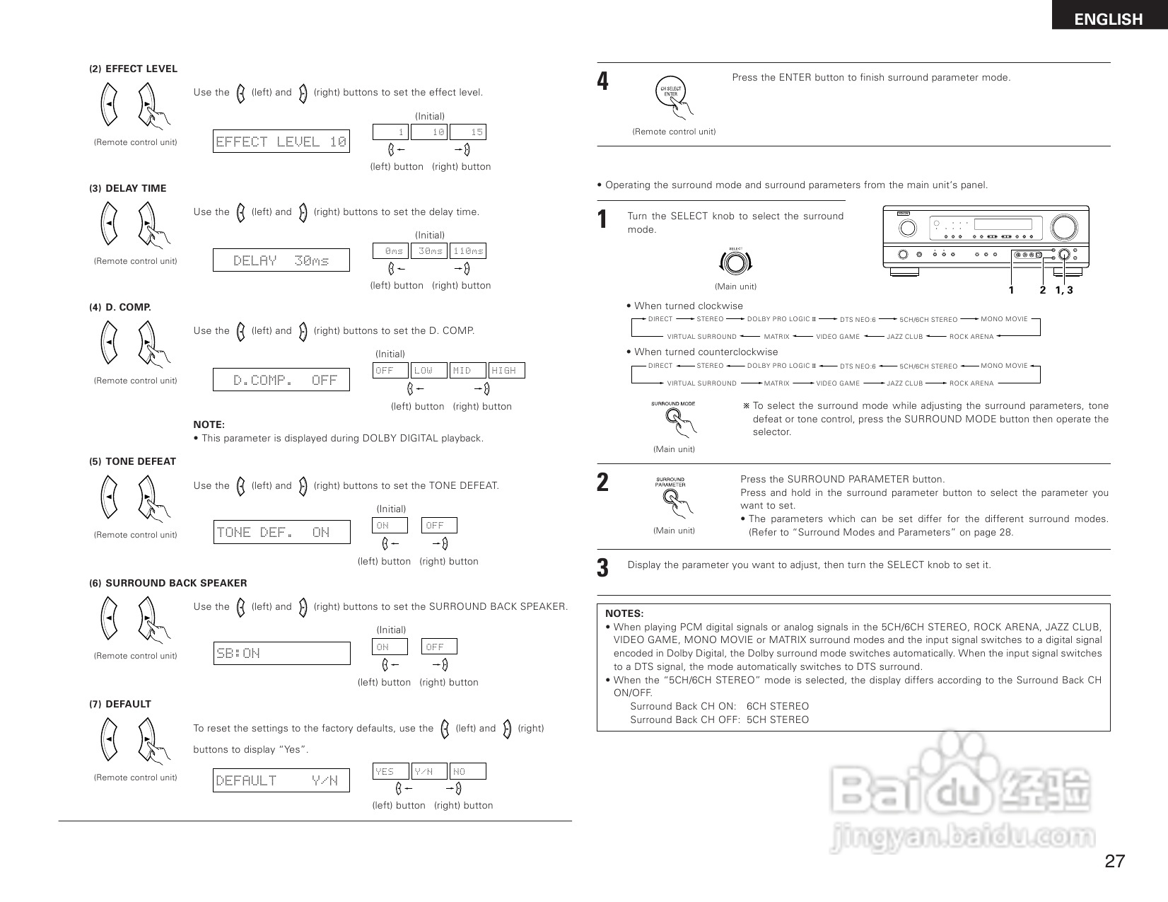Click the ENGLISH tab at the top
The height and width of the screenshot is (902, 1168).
coord(1108,19)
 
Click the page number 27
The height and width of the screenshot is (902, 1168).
coord(1114,861)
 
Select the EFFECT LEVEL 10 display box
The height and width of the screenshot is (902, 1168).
coord(281,141)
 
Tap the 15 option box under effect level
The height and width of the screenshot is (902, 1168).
coord(468,132)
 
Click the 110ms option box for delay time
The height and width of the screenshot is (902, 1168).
coord(468,251)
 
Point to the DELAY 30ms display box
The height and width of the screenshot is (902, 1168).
coord(281,260)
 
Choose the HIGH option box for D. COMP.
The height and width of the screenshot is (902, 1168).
coord(506,370)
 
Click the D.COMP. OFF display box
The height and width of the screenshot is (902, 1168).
coord(281,380)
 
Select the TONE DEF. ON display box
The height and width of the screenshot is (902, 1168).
coord(281,532)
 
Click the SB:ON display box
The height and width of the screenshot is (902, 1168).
coord(281,653)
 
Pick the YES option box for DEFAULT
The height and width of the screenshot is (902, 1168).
coord(390,771)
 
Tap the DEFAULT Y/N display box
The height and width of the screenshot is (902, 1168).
coord(281,780)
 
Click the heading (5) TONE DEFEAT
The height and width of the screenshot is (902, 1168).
coord(132,461)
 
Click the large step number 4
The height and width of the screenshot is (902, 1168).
coord(602,81)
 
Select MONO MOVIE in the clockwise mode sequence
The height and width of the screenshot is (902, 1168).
coord(1004,319)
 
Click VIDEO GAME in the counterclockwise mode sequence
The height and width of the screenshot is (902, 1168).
coord(838,383)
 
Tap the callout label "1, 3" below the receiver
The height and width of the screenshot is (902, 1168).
coord(1064,290)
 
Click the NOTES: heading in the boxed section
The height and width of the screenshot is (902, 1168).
coord(624,613)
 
